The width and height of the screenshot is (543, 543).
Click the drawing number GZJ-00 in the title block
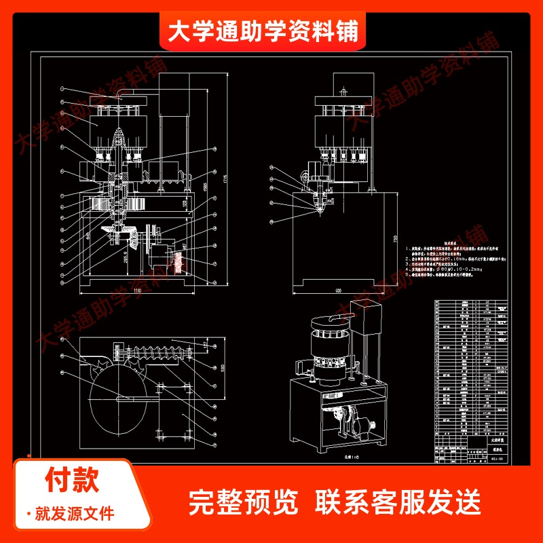[496, 459]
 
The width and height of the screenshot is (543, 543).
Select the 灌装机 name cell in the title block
[496, 448]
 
